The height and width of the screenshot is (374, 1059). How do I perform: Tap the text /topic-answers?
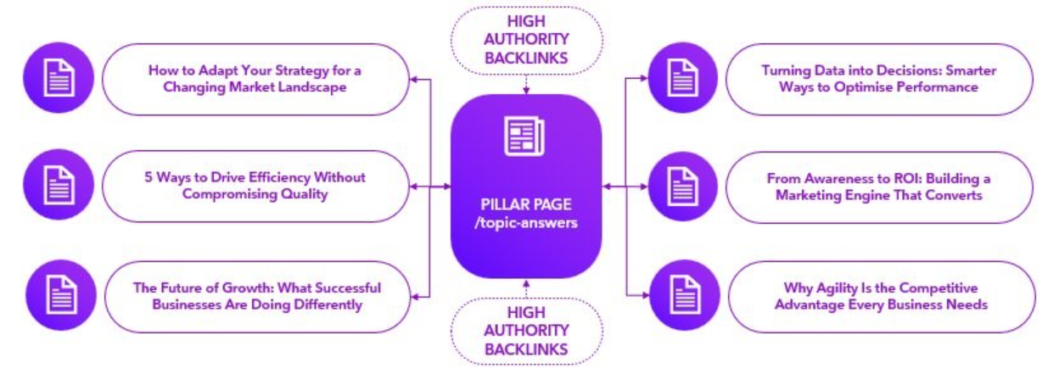[525, 223]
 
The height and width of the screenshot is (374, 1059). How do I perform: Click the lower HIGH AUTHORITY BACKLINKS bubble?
[525, 332]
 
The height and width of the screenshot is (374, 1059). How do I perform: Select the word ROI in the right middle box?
[892, 179]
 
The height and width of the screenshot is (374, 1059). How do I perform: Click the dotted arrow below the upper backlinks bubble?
[525, 84]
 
